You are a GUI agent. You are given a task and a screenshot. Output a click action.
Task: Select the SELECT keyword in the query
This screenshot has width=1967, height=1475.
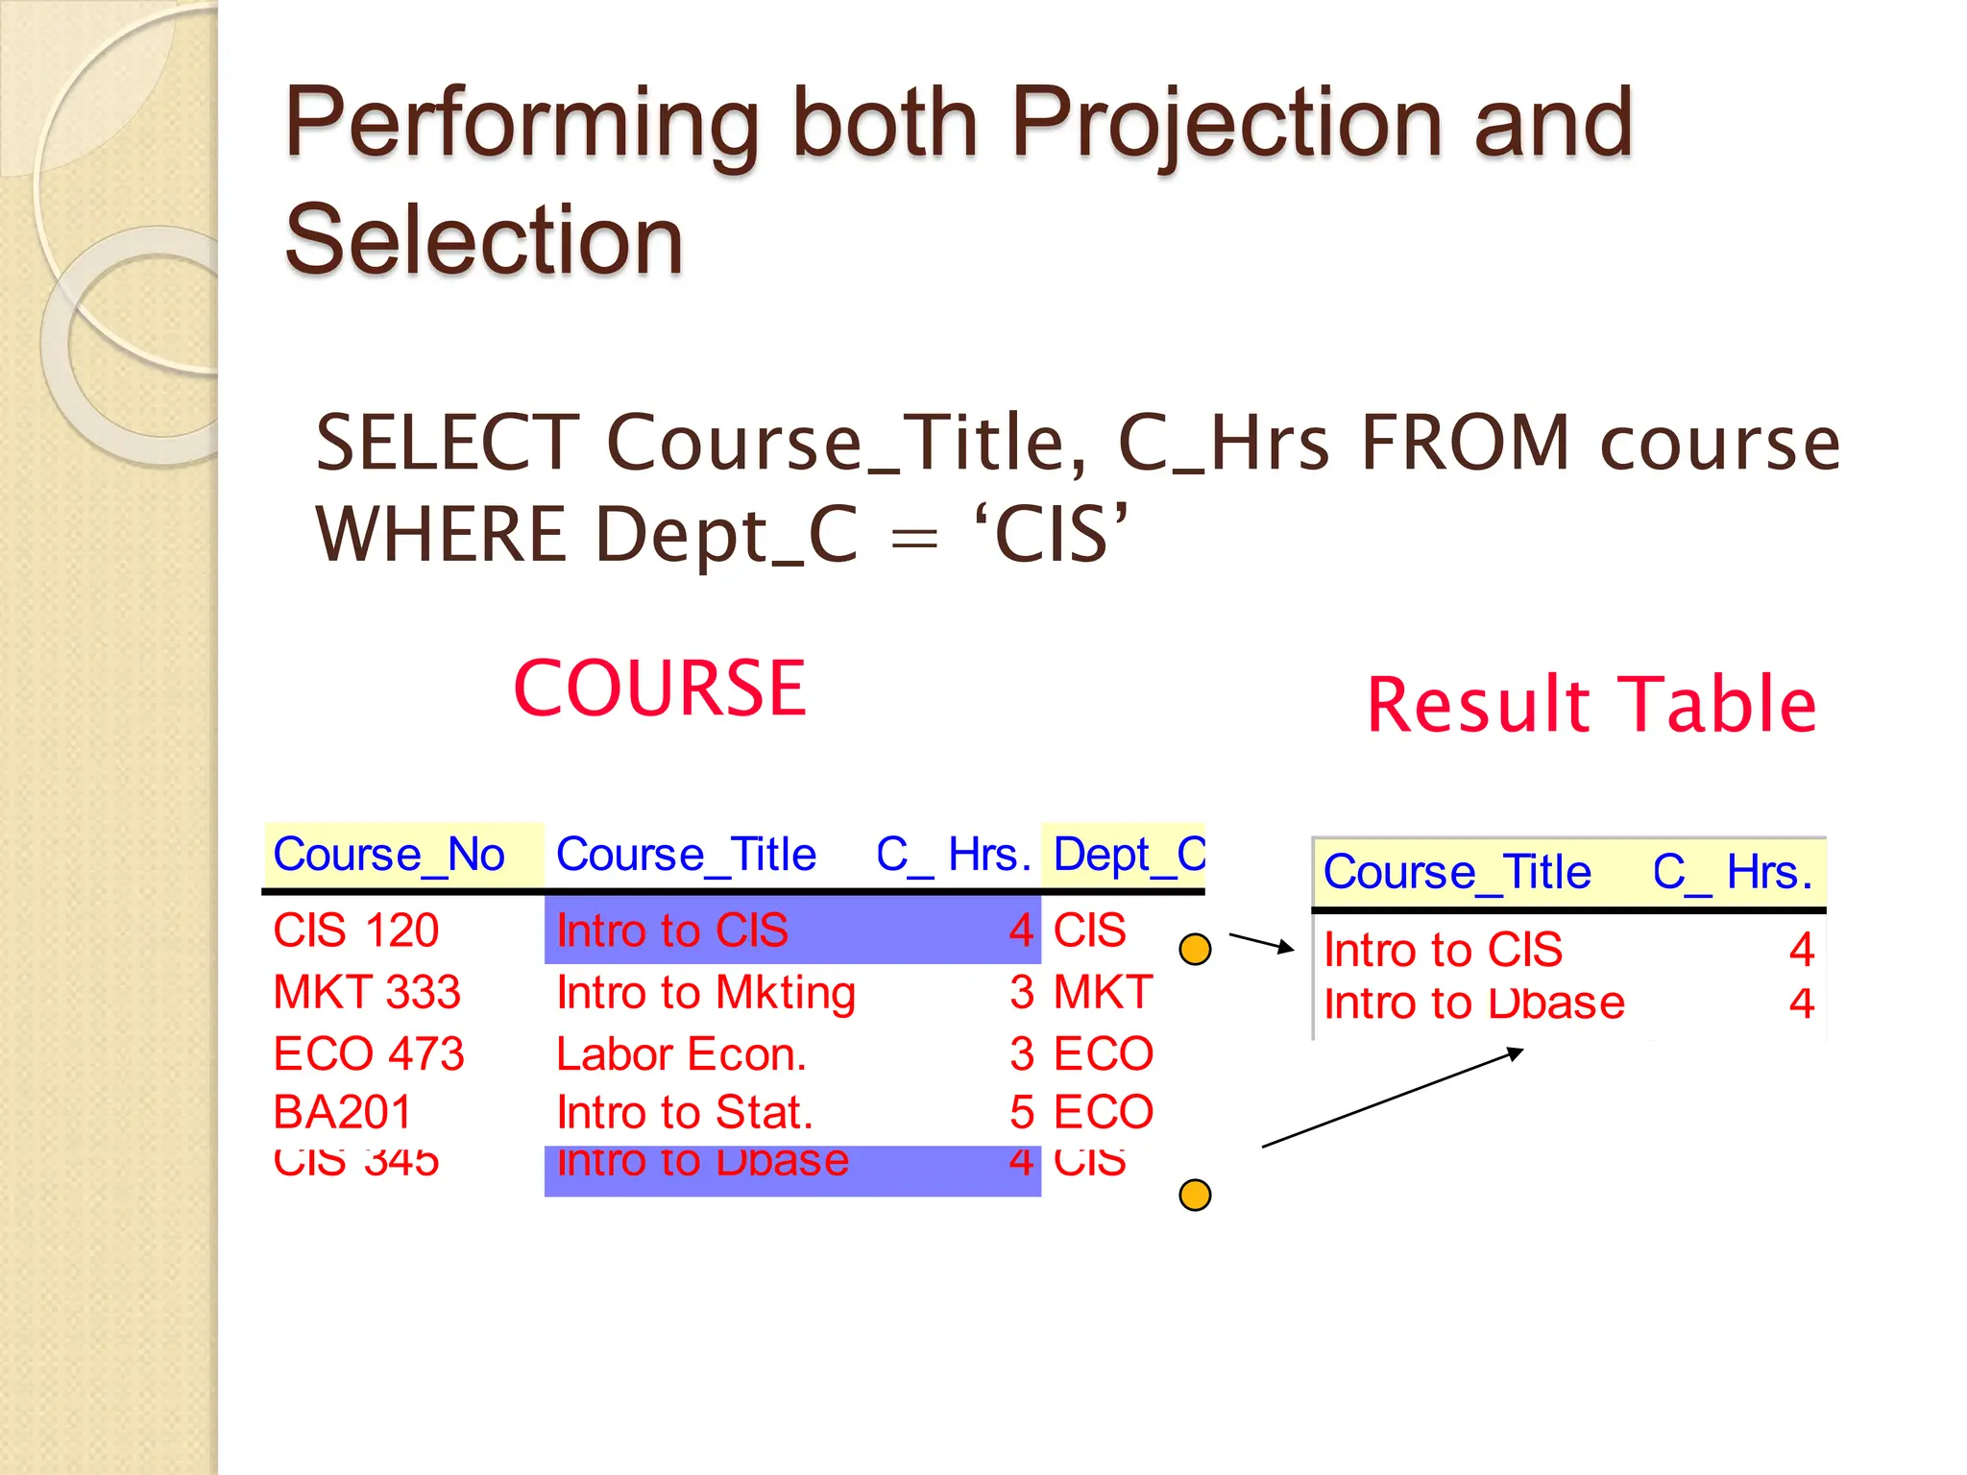pyautogui.click(x=447, y=443)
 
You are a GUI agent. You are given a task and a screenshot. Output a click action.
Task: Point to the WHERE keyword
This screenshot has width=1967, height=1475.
pyautogui.click(x=442, y=535)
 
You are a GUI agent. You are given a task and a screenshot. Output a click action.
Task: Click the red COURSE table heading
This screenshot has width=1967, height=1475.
pyautogui.click(x=660, y=689)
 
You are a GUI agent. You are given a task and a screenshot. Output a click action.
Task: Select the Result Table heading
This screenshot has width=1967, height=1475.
pyautogui.click(x=1591, y=705)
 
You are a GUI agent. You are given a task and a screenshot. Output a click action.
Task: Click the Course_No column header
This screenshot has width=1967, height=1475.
pyautogui.click(x=388, y=855)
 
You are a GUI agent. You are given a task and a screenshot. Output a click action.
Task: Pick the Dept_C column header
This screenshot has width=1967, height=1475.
pyautogui.click(x=1129, y=855)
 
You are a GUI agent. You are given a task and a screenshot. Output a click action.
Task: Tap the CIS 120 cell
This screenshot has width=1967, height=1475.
pyautogui.click(x=355, y=931)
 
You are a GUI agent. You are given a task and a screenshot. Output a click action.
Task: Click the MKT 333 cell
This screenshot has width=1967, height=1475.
pyautogui.click(x=366, y=992)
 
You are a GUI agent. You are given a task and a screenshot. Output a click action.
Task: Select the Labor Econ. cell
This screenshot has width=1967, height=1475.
pyautogui.click(x=681, y=1054)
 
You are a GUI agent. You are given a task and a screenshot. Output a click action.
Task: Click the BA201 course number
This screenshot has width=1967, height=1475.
pyautogui.click(x=342, y=1113)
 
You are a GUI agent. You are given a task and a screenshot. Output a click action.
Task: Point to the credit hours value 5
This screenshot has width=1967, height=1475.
pyautogui.click(x=1021, y=1113)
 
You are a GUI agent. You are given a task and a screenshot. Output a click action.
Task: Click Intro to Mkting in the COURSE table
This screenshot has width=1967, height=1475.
pyautogui.click(x=706, y=992)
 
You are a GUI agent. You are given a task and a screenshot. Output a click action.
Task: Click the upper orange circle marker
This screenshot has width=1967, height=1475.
pyautogui.click(x=1195, y=950)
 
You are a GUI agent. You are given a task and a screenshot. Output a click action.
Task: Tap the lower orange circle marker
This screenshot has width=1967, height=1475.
pyautogui.click(x=1195, y=1196)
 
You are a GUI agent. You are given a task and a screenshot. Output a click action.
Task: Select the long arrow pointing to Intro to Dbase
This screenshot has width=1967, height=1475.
pyautogui.click(x=1393, y=1099)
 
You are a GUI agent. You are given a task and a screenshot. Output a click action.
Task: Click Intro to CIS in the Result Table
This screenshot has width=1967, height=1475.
pyautogui.click(x=1443, y=950)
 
